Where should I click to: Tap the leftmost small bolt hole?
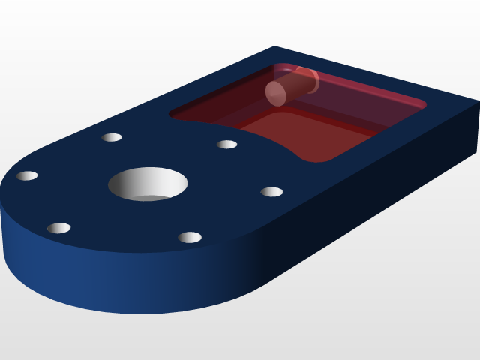[x=27, y=176]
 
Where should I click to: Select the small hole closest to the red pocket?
[x=226, y=145]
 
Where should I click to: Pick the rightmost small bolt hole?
[x=271, y=192]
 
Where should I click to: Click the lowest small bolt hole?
[x=190, y=238]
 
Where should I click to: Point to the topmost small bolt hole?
[x=112, y=137]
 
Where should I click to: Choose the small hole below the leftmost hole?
[x=58, y=228]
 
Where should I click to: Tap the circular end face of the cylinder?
[x=276, y=93]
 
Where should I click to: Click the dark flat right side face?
[x=375, y=202]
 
